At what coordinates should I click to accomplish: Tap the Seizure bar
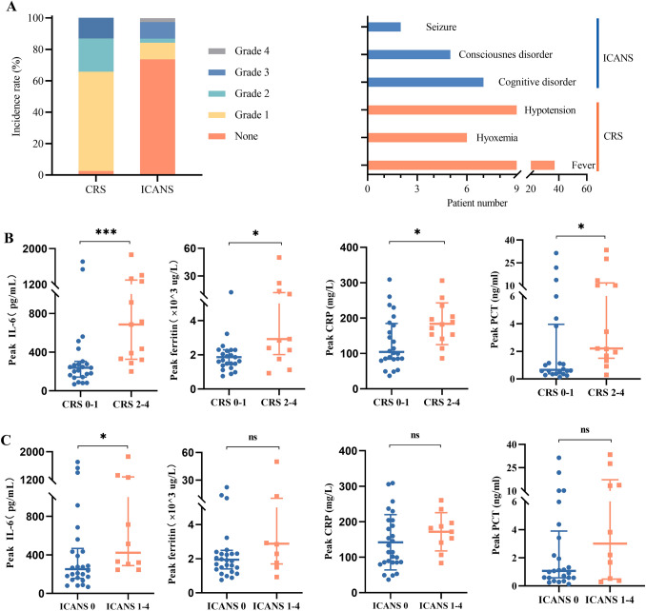point(384,28)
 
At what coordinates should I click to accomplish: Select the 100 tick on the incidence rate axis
point(32,18)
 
